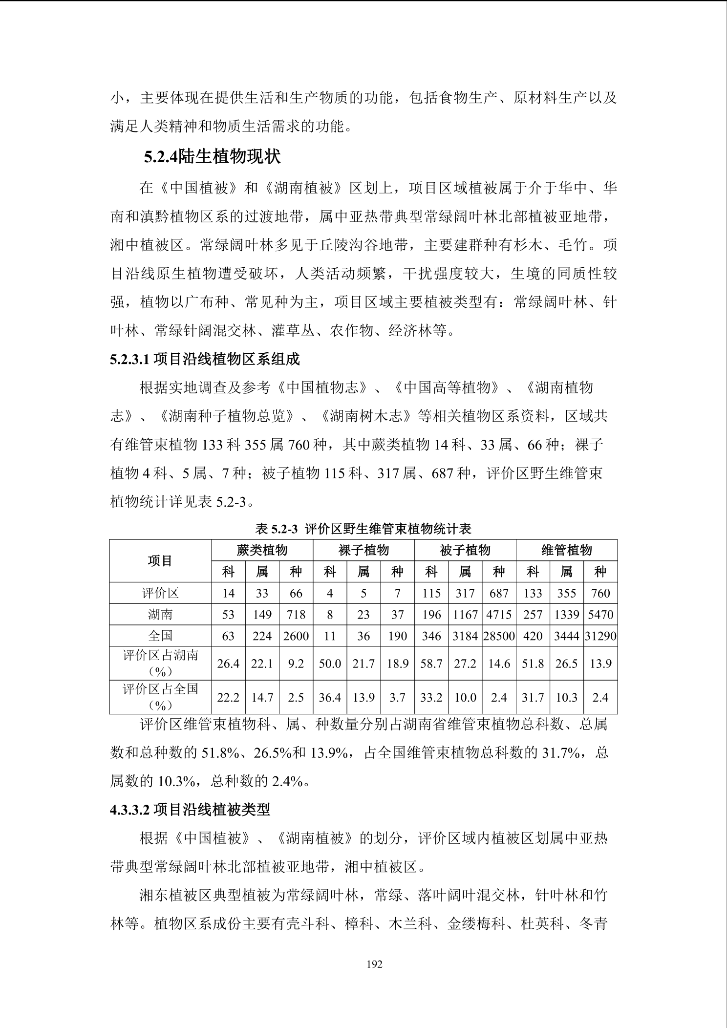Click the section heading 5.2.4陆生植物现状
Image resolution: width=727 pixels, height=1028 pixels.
coord(212,157)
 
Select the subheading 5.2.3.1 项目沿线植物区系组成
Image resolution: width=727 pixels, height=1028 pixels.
coord(205,360)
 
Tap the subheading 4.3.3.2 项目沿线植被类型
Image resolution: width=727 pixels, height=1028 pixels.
coord(190,810)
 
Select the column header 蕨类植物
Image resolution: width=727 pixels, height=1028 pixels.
coord(262,550)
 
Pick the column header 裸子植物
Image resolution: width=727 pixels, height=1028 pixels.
coord(363,550)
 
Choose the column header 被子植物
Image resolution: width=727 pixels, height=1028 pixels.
coord(465,550)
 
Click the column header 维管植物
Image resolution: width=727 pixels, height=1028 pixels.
coord(567,550)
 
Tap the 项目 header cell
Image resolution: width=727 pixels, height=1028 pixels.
coord(160,561)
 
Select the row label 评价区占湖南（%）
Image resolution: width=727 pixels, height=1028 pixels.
coord(160,664)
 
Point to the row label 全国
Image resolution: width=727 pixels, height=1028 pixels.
coord(160,636)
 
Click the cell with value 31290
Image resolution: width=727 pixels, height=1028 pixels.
coord(600,636)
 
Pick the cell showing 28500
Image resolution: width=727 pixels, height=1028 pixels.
coord(499,636)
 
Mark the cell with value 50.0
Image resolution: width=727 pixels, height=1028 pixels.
coord(330,664)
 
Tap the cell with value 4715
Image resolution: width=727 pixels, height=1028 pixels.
coord(499,615)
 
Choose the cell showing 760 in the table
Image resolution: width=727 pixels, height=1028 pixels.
coord(600,593)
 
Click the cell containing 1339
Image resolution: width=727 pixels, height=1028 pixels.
coord(567,615)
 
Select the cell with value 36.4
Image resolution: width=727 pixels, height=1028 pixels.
coord(330,698)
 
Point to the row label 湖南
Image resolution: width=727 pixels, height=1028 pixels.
coord(160,615)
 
